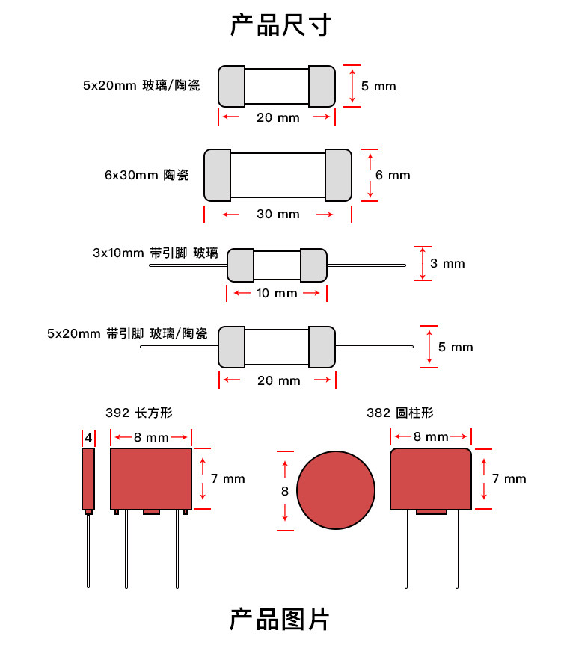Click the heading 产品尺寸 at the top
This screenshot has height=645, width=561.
click(280, 25)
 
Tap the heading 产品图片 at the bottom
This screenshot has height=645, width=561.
click(280, 620)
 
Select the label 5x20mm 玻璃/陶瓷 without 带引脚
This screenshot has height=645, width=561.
click(141, 85)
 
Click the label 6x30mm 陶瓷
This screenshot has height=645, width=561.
click(147, 175)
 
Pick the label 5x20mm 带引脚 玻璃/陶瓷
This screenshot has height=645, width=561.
click(126, 333)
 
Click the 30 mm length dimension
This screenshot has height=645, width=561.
click(278, 215)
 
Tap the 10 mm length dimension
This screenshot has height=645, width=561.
click(277, 293)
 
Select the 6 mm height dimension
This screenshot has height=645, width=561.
click(393, 175)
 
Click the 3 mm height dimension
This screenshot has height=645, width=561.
click(447, 263)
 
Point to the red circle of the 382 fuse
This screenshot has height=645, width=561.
click(335, 491)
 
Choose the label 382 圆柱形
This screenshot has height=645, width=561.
click(399, 413)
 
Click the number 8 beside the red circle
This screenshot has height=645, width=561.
click(284, 491)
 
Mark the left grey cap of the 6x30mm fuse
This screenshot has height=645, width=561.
click(217, 175)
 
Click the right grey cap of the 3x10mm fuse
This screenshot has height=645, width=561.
click(313, 265)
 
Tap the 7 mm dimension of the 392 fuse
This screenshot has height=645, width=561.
click(227, 478)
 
